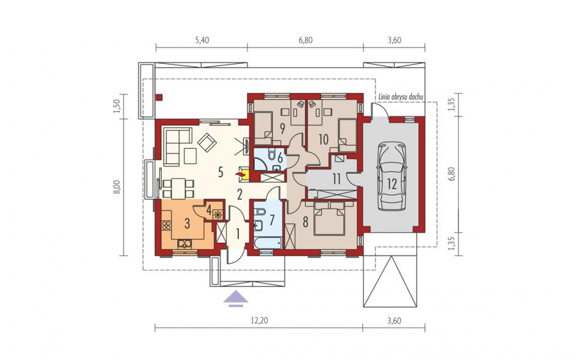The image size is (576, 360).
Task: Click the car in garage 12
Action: (x=392, y=177)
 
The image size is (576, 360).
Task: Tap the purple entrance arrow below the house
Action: (x=236, y=299)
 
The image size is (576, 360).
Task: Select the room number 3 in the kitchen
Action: (x=187, y=223)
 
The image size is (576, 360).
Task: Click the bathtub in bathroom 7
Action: (x=268, y=243)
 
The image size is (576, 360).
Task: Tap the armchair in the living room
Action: (x=207, y=142)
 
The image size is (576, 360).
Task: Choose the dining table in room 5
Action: (x=178, y=188)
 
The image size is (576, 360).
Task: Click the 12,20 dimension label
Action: (x=259, y=321)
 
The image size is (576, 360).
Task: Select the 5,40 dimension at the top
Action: (x=202, y=40)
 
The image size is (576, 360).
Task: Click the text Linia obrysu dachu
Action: (x=400, y=97)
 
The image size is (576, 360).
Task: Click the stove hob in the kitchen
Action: (x=167, y=225)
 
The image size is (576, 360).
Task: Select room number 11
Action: (x=336, y=179)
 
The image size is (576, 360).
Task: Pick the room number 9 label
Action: (x=282, y=128)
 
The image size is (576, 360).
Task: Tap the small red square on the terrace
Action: (x=159, y=98)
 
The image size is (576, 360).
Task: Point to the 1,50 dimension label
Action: (x=118, y=106)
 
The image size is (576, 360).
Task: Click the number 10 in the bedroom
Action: (x=324, y=140)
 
